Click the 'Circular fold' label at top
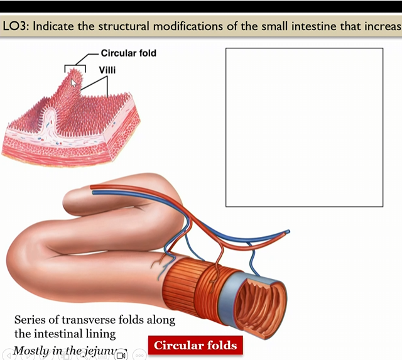click(x=128, y=53)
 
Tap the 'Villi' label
click(x=107, y=70)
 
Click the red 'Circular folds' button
click(x=195, y=345)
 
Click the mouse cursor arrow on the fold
click(x=73, y=82)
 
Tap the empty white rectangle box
click(x=304, y=127)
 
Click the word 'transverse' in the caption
click(x=80, y=320)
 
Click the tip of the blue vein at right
click(x=288, y=232)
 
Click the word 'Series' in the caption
click(x=30, y=320)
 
